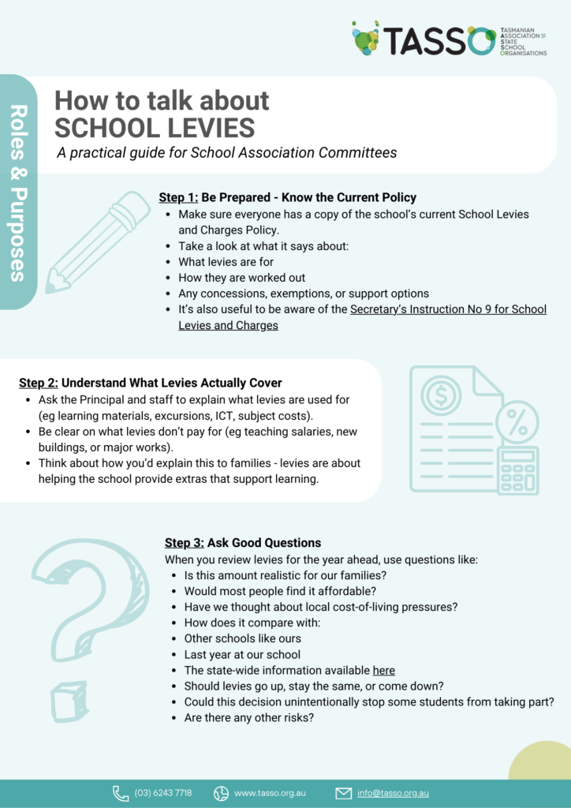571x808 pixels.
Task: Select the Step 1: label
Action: point(178,197)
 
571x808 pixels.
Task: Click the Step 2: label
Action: point(39,383)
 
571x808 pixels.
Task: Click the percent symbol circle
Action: point(517,426)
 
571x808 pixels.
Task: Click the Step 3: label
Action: point(185,543)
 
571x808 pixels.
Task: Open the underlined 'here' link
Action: point(383,671)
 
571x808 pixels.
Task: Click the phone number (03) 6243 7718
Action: point(162,793)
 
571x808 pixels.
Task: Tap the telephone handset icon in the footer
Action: point(121,793)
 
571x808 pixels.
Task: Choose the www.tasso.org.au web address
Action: point(270,793)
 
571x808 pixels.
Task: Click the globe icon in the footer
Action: point(221,793)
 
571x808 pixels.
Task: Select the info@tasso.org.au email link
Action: point(393,793)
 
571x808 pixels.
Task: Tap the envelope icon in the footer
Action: point(343,793)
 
